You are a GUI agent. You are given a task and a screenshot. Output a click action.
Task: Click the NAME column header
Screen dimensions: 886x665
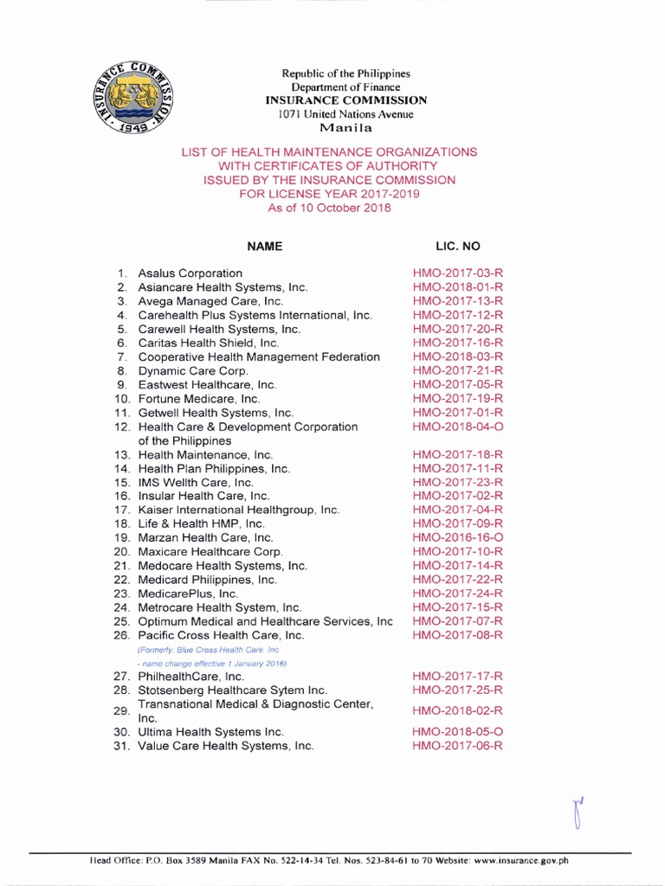click(x=265, y=247)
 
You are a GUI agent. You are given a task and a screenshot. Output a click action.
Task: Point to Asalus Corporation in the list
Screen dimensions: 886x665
click(x=190, y=273)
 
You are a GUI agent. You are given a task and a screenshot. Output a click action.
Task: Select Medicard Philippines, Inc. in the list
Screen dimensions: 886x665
click(x=208, y=579)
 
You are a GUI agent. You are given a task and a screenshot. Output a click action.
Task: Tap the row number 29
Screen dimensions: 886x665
click(x=121, y=710)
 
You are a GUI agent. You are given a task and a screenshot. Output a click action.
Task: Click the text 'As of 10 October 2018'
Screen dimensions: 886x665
click(x=328, y=208)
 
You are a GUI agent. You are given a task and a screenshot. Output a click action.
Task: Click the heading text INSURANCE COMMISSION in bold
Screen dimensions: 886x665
click(x=345, y=100)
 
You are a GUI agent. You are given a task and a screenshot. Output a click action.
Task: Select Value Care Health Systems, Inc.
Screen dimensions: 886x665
click(x=226, y=745)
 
